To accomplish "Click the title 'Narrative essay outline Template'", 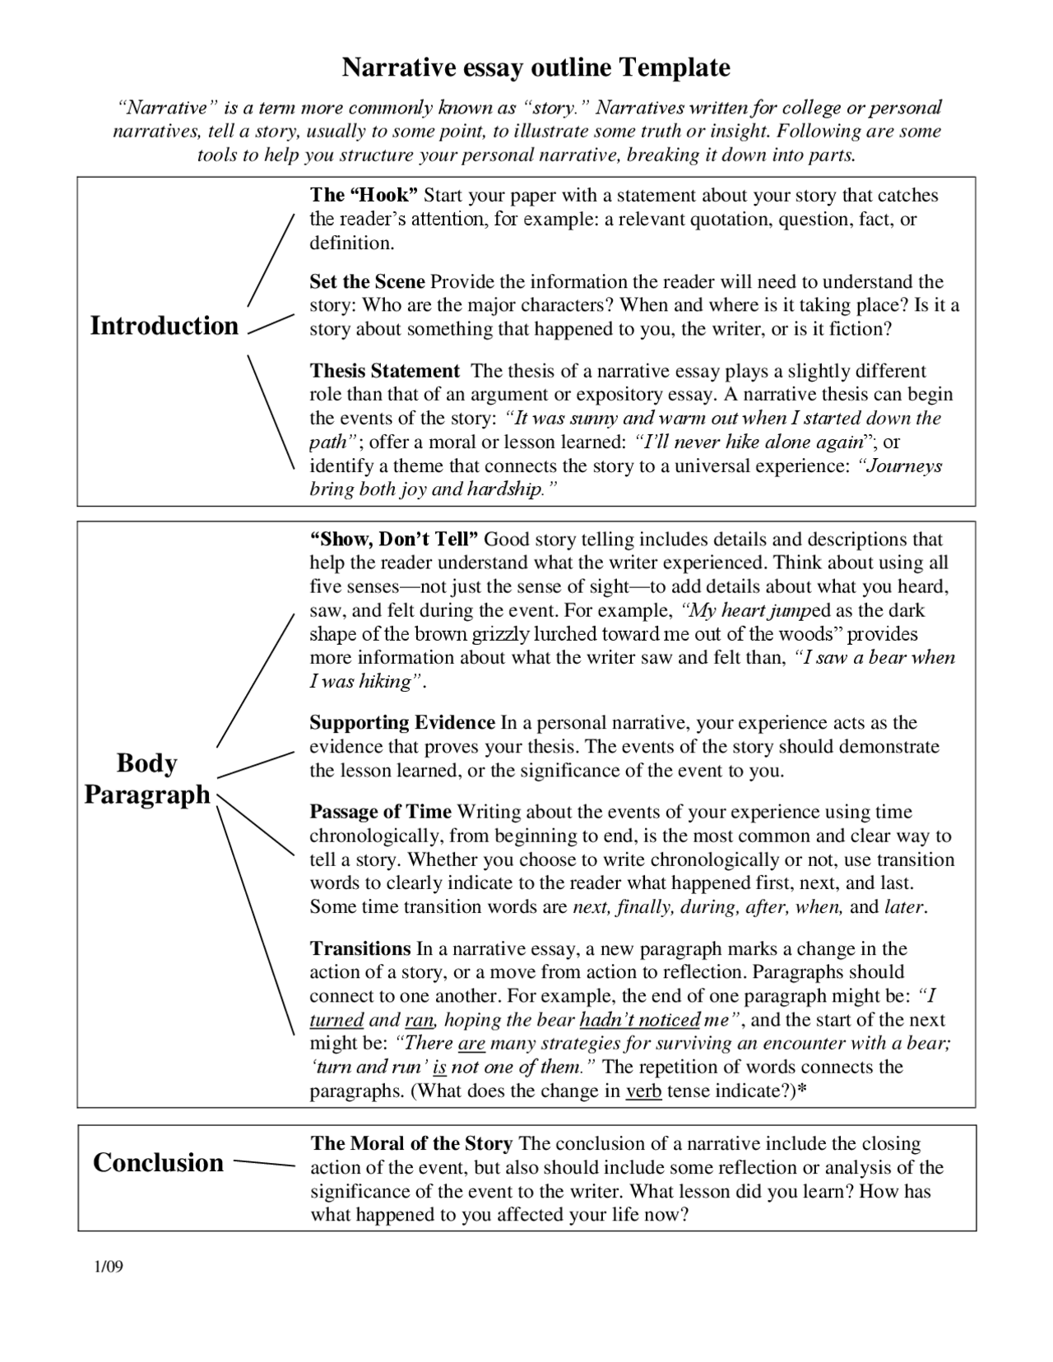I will click(x=536, y=67).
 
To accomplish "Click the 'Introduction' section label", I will click(x=164, y=326).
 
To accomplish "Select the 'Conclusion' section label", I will click(x=158, y=1162).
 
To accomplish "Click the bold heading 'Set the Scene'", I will click(x=367, y=281).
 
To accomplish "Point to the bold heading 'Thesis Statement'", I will click(x=384, y=371).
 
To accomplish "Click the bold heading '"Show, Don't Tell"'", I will click(x=394, y=540).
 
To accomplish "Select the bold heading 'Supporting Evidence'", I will click(x=401, y=723).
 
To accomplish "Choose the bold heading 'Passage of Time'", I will click(x=380, y=813).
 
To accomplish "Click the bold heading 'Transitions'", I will click(x=360, y=948).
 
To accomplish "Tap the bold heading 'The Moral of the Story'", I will click(x=411, y=1144).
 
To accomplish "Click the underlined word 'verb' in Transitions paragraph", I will click(x=643, y=1092).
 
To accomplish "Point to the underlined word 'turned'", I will click(x=336, y=1021).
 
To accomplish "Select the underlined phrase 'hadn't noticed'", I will click(x=639, y=1021).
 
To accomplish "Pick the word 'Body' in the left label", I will click(x=146, y=763).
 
